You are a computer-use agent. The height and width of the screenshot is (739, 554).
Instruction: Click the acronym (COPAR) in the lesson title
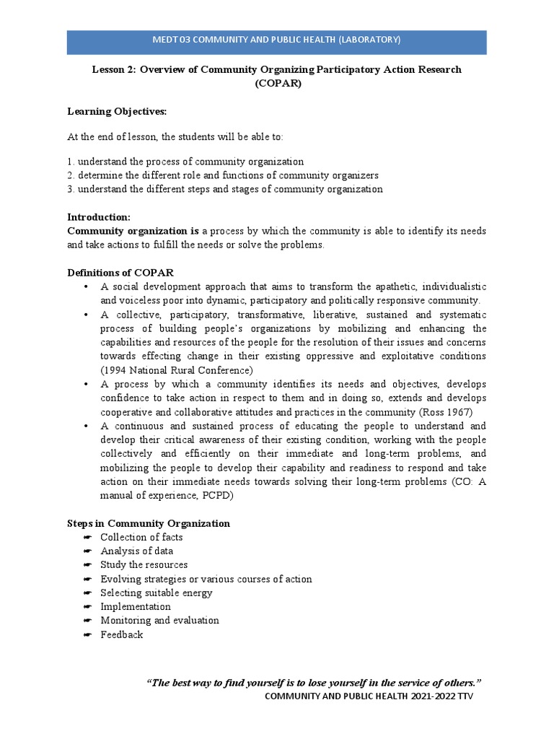pos(277,83)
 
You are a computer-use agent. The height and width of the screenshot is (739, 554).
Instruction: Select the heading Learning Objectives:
pos(117,111)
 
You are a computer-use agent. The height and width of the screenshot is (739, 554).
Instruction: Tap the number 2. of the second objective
pos(71,175)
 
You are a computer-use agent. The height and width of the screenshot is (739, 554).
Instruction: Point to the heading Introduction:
pos(99,217)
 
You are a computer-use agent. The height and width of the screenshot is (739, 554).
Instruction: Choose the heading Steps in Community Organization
pos(149,523)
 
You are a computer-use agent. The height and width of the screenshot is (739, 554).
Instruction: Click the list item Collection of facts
pos(141,537)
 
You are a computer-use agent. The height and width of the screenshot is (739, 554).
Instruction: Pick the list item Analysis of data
pos(136,551)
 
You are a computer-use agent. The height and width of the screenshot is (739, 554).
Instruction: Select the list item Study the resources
pos(144,564)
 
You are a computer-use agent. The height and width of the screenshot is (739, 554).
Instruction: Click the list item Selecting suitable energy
pos(156,592)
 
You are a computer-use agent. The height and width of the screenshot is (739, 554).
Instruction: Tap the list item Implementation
pos(136,606)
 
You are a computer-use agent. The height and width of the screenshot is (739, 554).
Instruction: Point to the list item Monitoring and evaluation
pos(159,620)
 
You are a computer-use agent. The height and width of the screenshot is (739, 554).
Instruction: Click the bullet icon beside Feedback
pos(87,634)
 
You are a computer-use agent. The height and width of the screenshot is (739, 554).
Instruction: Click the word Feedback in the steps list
pos(122,634)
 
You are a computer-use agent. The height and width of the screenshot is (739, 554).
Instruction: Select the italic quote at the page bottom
pos(314,682)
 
